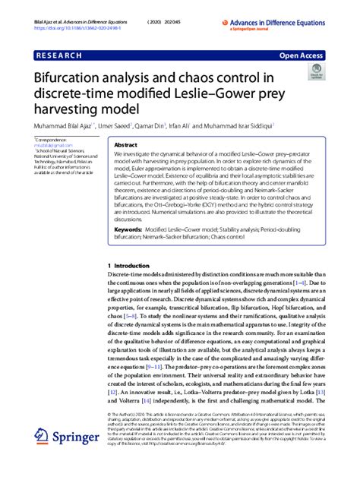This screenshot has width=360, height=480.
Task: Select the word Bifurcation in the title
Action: point(71,77)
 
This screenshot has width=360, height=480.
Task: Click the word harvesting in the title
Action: point(66,112)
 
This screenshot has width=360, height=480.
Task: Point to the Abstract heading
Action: point(125,144)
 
